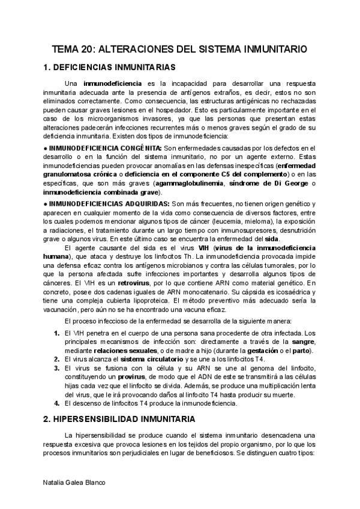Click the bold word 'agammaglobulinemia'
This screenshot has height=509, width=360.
tap(188, 183)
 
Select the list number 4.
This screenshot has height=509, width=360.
tap(56, 403)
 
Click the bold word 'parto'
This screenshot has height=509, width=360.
tap(302, 351)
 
